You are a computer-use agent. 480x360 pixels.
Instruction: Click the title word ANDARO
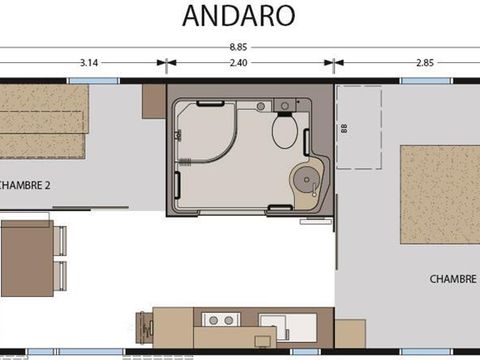(x=239, y=16)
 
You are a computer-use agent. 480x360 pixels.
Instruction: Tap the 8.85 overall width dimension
(x=239, y=47)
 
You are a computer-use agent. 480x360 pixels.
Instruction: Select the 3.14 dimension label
(x=88, y=62)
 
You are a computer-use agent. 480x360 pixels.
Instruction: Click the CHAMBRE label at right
(x=452, y=277)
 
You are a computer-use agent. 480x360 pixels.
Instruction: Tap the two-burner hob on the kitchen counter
(x=220, y=320)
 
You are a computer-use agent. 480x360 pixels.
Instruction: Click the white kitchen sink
(x=271, y=322)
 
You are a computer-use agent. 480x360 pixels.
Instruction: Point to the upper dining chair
(x=60, y=241)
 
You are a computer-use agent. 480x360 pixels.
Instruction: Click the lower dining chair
(x=60, y=275)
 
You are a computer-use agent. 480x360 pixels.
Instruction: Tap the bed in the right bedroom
(x=440, y=195)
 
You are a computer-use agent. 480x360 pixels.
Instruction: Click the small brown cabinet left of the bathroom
(x=153, y=101)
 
